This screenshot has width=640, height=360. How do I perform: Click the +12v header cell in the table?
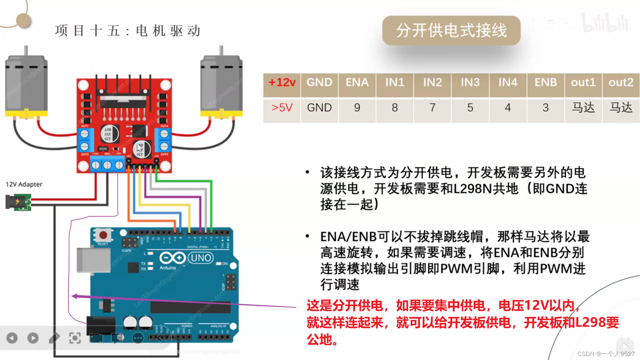tap(282, 82)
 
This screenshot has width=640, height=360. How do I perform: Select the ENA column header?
tap(357, 82)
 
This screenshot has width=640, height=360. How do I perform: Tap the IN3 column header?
tap(470, 82)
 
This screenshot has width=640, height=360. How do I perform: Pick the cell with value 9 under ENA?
tap(357, 108)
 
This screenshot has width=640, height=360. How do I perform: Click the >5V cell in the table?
tap(282, 108)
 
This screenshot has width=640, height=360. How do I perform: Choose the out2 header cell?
tap(621, 82)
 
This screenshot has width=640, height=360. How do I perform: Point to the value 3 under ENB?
tap(545, 108)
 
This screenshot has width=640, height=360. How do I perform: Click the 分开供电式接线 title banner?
tap(451, 30)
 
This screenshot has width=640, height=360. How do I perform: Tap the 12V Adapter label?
tap(24, 184)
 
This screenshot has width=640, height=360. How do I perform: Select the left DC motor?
tap(26, 87)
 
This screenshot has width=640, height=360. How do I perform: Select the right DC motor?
tap(221, 87)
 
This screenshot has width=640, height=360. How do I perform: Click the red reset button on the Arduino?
tap(103, 235)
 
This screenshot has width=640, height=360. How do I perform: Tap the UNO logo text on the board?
tap(201, 258)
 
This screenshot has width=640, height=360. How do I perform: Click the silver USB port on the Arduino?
tap(93, 260)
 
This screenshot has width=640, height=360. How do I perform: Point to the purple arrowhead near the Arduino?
tap(75, 296)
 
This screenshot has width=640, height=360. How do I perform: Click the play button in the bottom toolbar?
tap(33, 338)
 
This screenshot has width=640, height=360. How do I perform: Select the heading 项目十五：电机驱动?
tap(128, 31)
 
